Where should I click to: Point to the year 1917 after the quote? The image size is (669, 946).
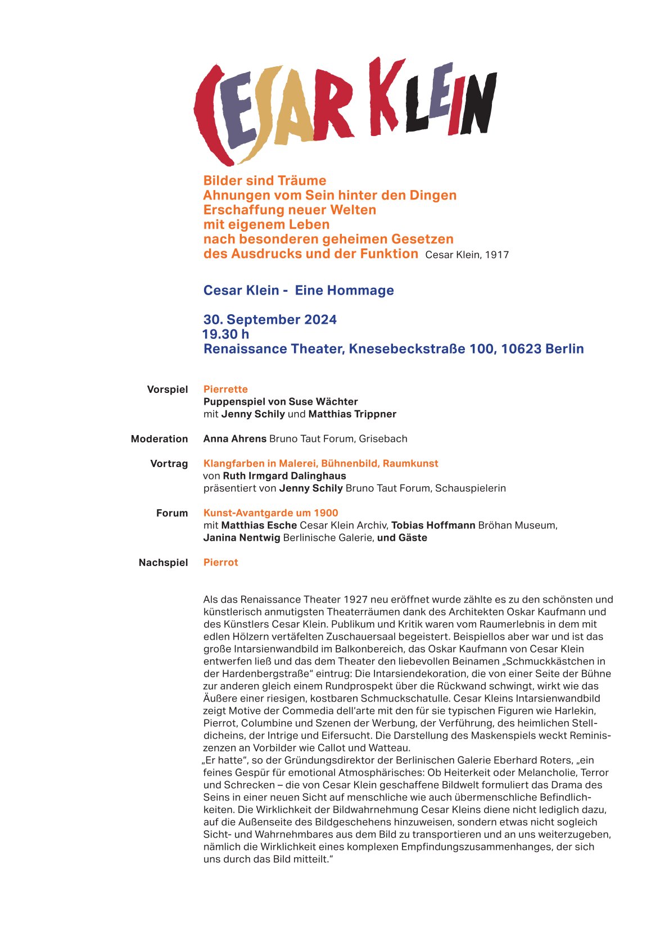[x=497, y=255]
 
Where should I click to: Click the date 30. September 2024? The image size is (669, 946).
[x=270, y=319]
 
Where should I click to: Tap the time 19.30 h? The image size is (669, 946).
[x=225, y=334]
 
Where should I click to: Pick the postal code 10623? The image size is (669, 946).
[x=525, y=348]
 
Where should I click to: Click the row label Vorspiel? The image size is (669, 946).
[x=167, y=389]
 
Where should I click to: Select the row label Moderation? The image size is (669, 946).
[x=159, y=438]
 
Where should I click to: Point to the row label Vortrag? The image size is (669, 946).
[x=169, y=463]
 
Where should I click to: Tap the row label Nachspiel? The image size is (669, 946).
[x=163, y=562]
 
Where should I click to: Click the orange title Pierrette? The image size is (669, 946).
[x=225, y=389]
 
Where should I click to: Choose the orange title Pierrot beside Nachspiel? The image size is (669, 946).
[x=220, y=562]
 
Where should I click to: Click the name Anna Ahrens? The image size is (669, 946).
[x=235, y=438]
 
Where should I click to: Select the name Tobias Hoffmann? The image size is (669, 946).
[x=433, y=525]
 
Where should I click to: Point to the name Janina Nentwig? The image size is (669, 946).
[x=242, y=537]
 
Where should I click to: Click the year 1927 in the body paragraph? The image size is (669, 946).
[x=355, y=599]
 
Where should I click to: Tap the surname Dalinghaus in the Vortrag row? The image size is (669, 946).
[x=318, y=476]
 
